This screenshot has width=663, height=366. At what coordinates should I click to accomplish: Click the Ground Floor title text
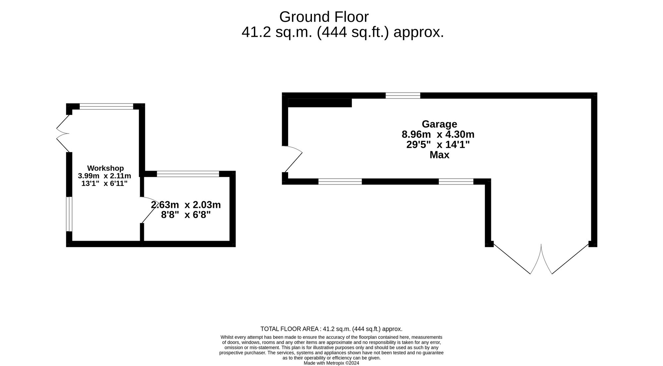pos(324,17)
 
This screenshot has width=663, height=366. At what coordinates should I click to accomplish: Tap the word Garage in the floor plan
pos(439,124)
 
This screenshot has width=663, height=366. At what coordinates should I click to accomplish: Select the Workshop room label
pos(105,168)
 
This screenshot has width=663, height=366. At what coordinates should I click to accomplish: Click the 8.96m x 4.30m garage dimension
pos(438,135)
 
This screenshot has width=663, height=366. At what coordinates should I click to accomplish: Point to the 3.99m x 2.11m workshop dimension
pos(104,176)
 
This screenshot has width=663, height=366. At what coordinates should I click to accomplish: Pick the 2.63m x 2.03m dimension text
pos(186,205)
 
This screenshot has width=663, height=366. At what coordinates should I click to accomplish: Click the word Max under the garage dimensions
pos(439,155)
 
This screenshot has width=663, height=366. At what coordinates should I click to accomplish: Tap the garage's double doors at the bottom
pos(541,259)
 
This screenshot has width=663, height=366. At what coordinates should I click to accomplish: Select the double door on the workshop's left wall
pos(63,134)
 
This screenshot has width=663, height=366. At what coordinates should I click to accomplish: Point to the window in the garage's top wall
pos(403,95)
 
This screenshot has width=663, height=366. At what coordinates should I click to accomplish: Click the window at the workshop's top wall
pos(106,106)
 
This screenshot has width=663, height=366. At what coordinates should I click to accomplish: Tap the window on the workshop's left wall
pos(69,214)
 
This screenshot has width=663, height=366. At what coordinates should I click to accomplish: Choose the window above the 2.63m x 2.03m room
pos(188,174)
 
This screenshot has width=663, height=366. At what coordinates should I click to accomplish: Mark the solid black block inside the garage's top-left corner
pos(320,103)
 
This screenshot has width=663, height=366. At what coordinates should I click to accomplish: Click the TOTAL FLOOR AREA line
pos(331,329)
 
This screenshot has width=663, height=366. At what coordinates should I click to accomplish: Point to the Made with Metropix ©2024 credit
pos(331,363)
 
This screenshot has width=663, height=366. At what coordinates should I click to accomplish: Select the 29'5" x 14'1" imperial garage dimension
pos(438,145)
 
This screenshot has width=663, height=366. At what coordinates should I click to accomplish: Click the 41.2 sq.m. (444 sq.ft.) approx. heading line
pos(342,32)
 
